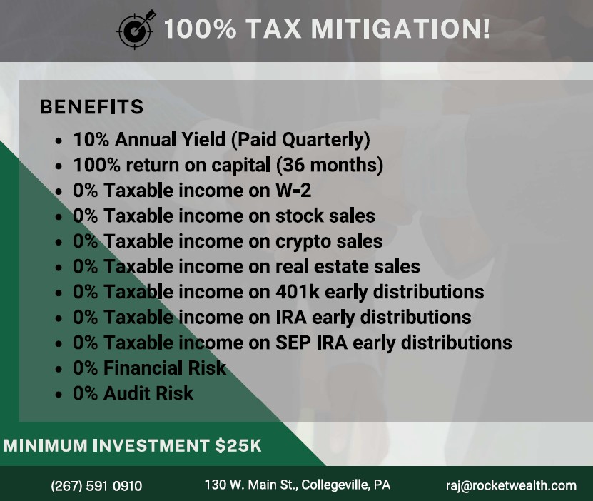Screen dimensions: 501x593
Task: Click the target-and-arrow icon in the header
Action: [135, 30]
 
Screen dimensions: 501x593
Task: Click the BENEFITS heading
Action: [92, 107]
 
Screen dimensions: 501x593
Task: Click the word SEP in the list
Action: [293, 342]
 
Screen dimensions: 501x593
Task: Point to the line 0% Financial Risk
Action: [149, 368]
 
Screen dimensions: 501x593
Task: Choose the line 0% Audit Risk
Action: [133, 393]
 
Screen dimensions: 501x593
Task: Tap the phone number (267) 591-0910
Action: [96, 486]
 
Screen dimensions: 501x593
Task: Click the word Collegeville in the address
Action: [333, 485]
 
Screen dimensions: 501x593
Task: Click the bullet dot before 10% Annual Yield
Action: [59, 141]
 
